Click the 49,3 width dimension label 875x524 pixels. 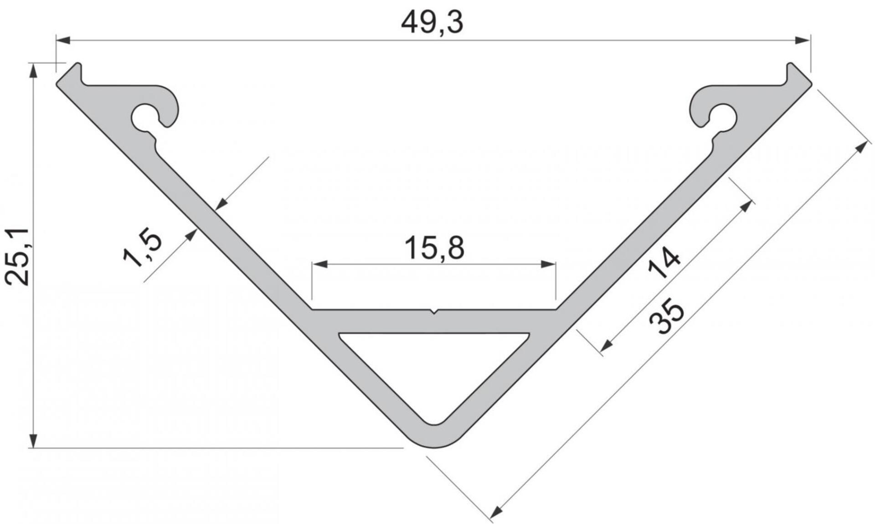pos(432,23)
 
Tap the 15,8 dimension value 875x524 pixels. pos(434,249)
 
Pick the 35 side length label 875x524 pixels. pos(666,316)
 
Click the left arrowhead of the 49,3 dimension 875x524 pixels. pos(63,41)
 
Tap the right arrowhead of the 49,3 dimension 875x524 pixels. pos(803,41)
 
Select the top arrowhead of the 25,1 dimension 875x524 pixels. pos(33,71)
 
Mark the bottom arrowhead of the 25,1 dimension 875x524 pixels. pos(33,441)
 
